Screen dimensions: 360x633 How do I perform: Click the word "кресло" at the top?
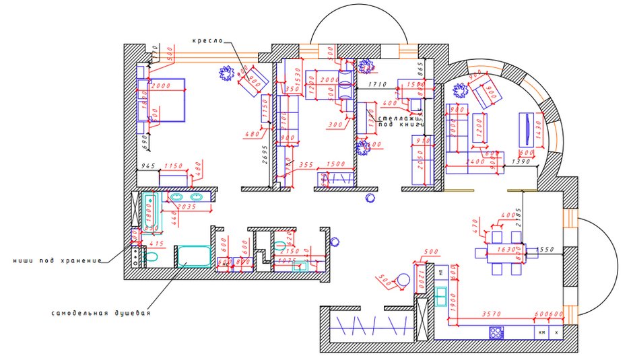pos(207,41)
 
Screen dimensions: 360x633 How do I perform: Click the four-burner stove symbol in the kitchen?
pos(496,332)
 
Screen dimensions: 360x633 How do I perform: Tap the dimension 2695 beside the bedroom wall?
pos(266,155)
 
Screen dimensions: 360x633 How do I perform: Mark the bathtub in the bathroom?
pos(149,210)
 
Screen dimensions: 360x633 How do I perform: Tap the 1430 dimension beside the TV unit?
pos(538,133)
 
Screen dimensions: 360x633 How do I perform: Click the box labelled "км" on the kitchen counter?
pos(540,332)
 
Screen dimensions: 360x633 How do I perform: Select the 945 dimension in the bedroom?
pos(147,165)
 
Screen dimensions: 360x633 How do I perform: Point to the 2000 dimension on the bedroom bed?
pos(162,86)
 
